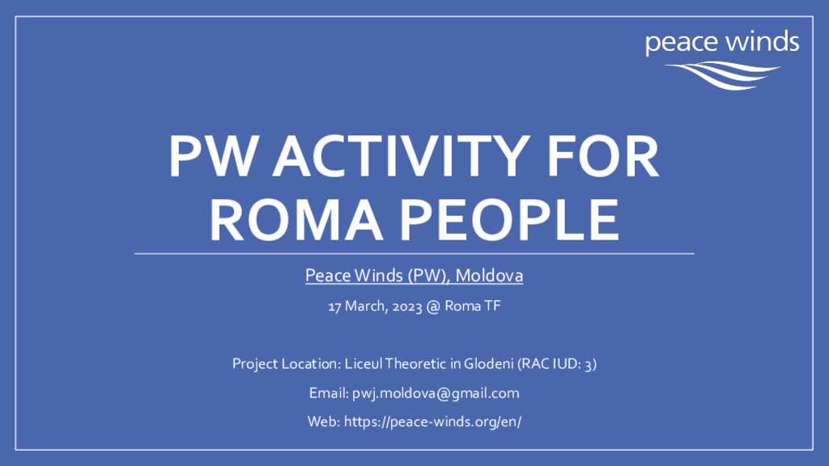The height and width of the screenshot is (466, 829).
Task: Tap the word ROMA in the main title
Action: tap(296, 220)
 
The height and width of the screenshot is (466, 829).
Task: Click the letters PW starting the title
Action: tap(213, 156)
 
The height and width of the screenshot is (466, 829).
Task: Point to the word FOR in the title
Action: tap(602, 156)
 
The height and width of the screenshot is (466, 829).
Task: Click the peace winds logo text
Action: tap(722, 42)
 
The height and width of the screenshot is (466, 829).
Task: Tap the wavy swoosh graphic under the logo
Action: tap(722, 75)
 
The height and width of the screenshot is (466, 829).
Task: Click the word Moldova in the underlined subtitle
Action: tap(490, 275)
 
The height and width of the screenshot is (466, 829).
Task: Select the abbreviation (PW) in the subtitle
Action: tap(429, 276)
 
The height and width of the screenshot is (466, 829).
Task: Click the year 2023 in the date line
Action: tap(407, 307)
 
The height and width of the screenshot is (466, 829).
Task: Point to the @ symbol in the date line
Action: tap(433, 307)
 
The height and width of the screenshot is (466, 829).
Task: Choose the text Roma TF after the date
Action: tap(473, 306)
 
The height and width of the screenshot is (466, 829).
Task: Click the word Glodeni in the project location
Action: tap(489, 363)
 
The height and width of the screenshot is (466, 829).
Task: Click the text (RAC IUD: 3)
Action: tap(557, 364)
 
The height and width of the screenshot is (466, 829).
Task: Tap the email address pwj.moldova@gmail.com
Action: tap(436, 394)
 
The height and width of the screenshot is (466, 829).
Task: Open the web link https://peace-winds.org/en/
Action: tap(432, 422)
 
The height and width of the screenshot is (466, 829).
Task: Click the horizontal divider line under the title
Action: tap(414, 253)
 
